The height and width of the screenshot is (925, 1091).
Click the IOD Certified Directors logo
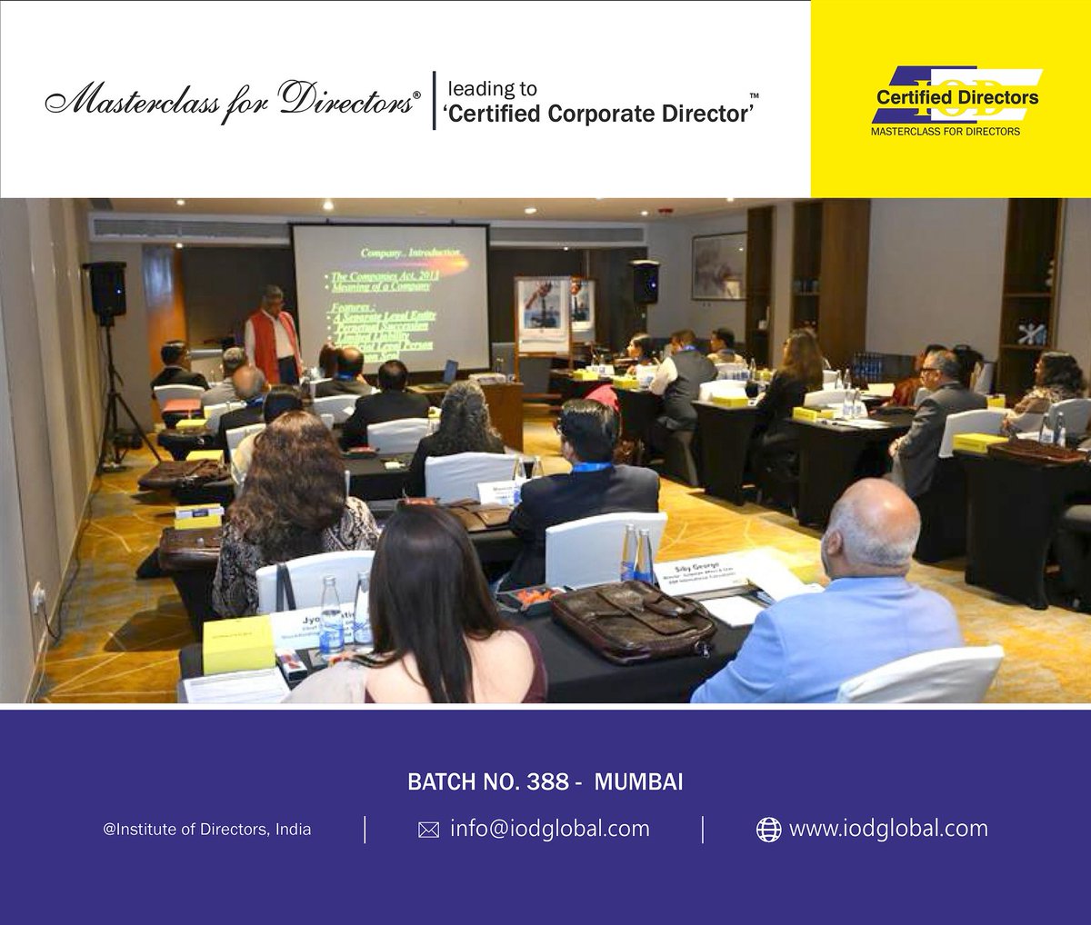tap(949, 100)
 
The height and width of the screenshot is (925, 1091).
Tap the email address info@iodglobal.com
tap(549, 829)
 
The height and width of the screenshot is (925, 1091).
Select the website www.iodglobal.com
tap(888, 829)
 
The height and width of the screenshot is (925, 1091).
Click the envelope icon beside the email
tap(428, 831)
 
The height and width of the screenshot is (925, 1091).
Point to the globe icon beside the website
tap(769, 830)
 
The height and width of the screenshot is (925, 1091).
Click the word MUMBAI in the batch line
tap(638, 782)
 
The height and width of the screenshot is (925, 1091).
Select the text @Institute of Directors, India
tap(207, 830)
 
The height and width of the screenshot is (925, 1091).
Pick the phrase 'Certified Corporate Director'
tap(599, 114)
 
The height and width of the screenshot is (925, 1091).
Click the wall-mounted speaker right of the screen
tap(645, 281)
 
